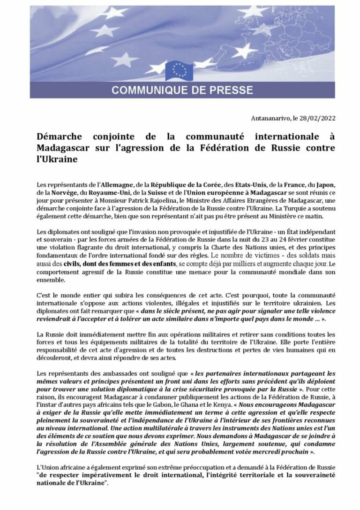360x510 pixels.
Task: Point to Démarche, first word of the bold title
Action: pos(59,137)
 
